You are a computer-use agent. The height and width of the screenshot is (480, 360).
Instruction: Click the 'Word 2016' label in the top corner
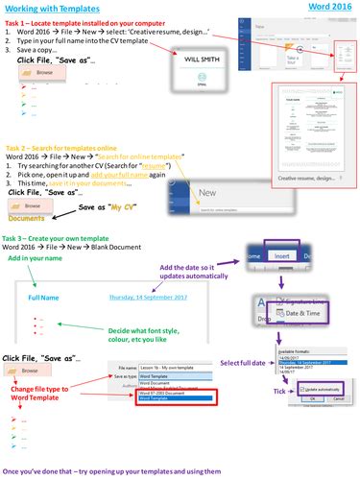331,7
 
